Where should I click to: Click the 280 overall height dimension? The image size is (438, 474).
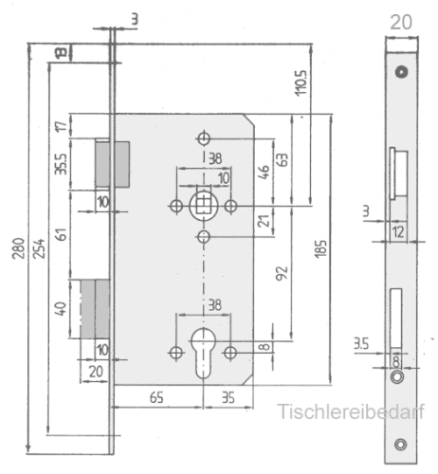(18, 248)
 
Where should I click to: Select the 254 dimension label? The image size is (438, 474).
(39, 248)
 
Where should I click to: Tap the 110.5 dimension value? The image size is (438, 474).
(301, 82)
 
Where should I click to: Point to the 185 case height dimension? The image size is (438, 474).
(321, 249)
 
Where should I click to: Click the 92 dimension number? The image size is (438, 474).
(282, 273)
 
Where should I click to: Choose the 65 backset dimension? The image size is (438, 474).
(156, 397)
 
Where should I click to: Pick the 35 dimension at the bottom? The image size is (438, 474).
(228, 397)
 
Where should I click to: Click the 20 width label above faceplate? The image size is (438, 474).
(401, 22)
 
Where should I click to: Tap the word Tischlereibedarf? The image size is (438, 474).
(351, 411)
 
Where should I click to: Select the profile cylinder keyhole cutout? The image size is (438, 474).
(203, 353)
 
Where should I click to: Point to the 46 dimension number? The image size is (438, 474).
(265, 172)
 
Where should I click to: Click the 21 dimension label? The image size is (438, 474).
(265, 221)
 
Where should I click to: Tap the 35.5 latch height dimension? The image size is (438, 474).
(61, 164)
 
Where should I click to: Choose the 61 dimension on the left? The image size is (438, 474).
(63, 234)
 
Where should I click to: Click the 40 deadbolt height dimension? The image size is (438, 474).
(61, 308)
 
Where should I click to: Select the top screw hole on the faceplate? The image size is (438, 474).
(401, 72)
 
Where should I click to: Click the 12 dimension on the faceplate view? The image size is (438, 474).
(398, 232)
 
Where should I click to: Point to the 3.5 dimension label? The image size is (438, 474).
(361, 343)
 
